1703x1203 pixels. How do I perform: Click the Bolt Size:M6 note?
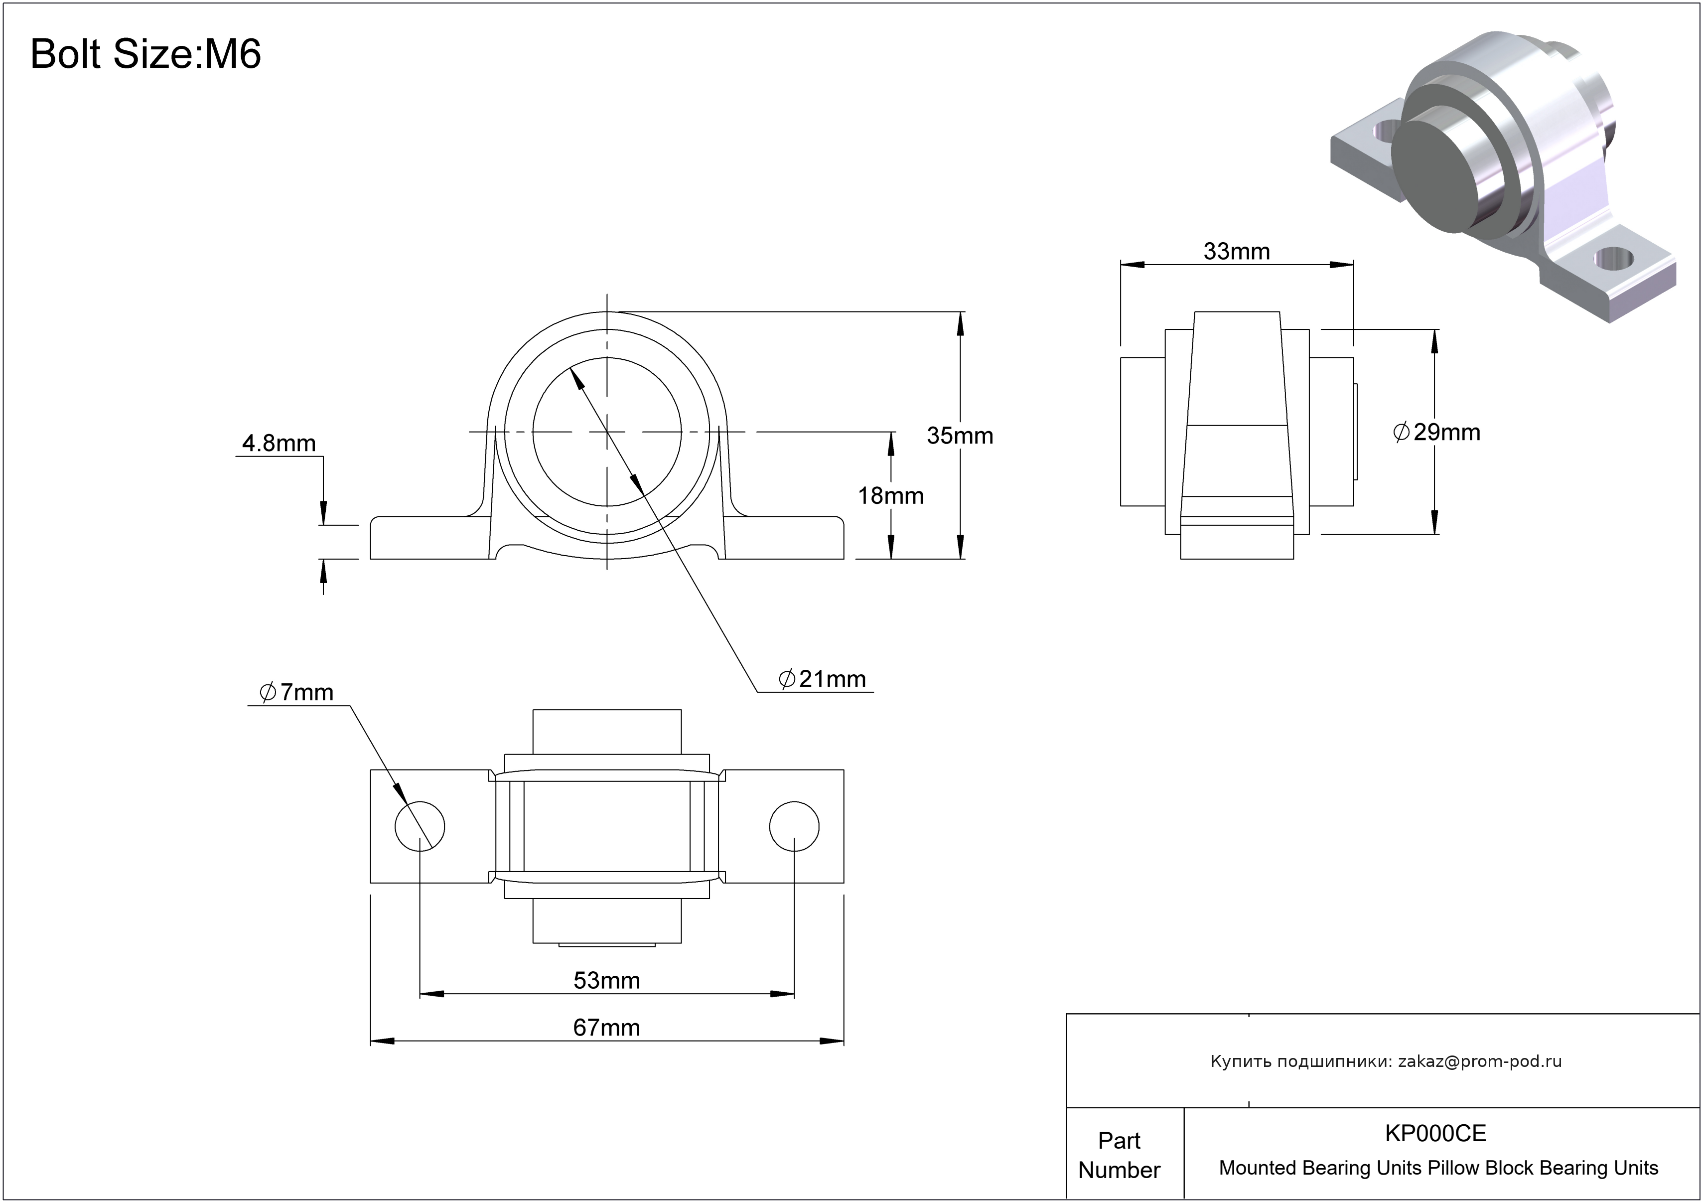pos(145,54)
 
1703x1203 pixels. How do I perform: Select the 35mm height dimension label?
pos(959,436)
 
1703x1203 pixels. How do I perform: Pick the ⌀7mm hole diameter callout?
pos(296,692)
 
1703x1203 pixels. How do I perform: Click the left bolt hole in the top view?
pos(420,826)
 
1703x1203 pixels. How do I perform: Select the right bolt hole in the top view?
pos(794,826)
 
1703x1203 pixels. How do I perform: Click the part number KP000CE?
pos(1435,1133)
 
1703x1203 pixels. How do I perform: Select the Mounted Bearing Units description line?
pos(1437,1168)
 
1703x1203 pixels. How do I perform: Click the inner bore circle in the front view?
pos(607,431)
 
